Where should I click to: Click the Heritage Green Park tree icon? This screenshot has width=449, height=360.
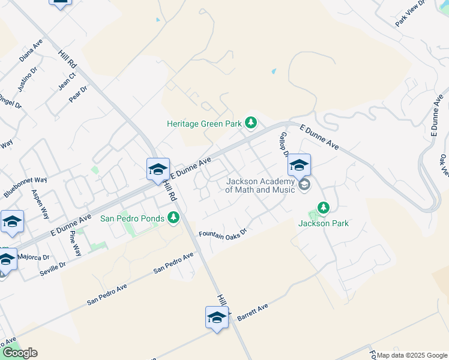point(252,124)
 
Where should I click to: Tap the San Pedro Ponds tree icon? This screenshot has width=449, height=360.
point(173,217)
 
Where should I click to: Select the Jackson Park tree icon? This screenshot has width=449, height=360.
point(324,208)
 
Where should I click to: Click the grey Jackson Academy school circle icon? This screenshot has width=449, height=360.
point(304,184)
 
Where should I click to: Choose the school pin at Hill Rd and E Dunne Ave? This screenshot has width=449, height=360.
point(158,170)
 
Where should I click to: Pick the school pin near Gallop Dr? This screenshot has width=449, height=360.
point(299,166)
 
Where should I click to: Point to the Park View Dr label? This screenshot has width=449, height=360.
point(410,13)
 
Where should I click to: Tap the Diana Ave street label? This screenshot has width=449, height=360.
point(31,51)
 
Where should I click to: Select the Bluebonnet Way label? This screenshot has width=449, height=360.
point(25,187)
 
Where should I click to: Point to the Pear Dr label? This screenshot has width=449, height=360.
point(79,94)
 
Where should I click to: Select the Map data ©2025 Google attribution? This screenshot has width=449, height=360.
point(412,355)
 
